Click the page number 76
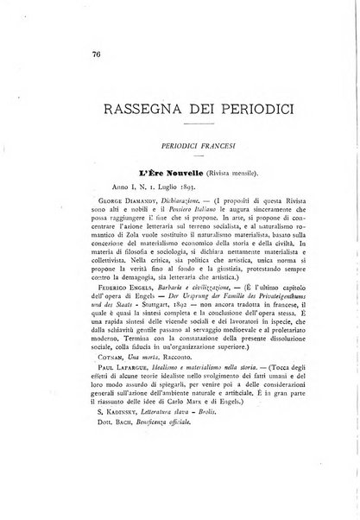pyautogui.click(x=72, y=54)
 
